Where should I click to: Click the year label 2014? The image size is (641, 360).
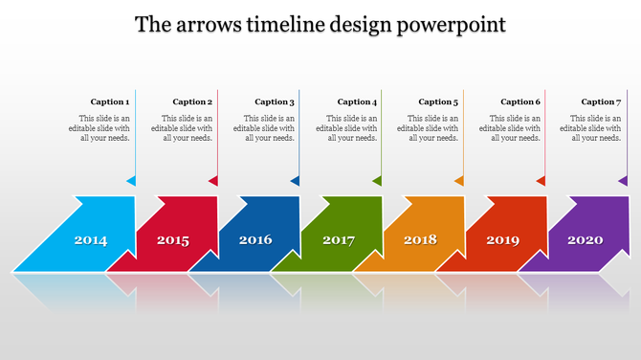point(91,240)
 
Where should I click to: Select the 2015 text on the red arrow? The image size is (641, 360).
point(173,240)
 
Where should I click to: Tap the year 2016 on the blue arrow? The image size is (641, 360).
point(255,240)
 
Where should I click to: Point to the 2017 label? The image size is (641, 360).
point(339,240)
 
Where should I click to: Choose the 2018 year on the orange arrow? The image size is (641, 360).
point(420,239)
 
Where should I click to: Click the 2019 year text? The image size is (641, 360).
point(502,240)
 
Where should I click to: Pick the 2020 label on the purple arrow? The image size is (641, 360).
point(586,240)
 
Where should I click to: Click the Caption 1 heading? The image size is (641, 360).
point(110,101)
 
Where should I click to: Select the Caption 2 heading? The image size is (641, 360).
point(192,101)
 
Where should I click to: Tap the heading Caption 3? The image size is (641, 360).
point(275,101)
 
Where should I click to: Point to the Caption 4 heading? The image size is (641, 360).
point(357,101)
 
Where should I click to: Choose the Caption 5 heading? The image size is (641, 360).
point(438,101)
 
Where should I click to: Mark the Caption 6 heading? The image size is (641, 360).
point(520,101)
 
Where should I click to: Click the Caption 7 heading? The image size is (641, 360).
point(601,101)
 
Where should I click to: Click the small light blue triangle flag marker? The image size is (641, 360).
point(132,181)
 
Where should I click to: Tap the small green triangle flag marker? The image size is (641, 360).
point(378,181)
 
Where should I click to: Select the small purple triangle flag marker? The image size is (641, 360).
point(624,181)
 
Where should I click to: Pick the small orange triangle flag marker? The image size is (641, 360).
point(460,181)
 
